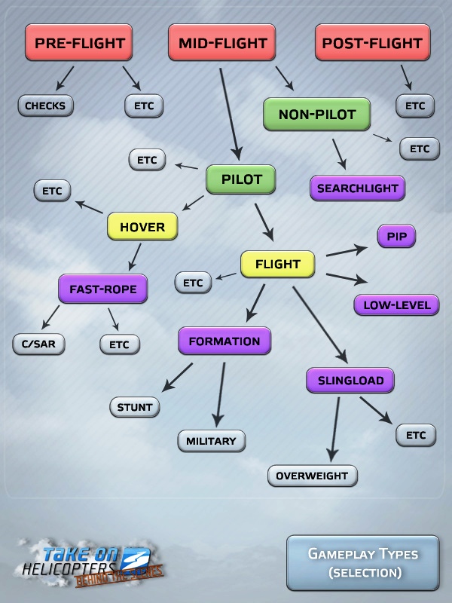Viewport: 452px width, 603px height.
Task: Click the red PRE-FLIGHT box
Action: [x=79, y=42]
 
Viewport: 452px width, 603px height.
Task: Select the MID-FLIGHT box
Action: [x=221, y=42]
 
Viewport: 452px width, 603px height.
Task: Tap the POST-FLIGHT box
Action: [x=372, y=42]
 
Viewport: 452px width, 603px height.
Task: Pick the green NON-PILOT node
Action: [x=316, y=115]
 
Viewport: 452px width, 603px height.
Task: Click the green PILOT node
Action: [x=241, y=179]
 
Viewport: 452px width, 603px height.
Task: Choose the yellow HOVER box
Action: [x=142, y=227]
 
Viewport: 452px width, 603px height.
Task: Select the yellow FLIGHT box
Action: [x=277, y=265]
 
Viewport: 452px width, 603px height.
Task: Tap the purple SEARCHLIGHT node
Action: [x=357, y=188]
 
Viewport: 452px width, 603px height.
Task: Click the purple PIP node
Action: [x=397, y=236]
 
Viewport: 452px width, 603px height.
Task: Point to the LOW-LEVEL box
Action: [x=397, y=305]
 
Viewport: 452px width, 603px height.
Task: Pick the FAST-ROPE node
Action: [x=103, y=289]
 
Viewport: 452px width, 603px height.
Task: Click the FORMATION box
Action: [x=224, y=341]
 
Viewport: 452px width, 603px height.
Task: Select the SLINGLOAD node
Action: [x=350, y=381]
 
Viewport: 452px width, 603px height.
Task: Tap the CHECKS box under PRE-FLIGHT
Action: [x=45, y=106]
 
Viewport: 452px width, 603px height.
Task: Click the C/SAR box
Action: [x=39, y=344]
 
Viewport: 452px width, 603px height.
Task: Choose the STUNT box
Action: [x=135, y=407]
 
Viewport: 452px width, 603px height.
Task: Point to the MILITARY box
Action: [x=212, y=441]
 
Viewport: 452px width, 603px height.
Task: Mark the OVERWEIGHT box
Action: [x=313, y=476]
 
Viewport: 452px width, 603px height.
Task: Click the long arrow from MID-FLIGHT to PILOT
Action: [x=230, y=115]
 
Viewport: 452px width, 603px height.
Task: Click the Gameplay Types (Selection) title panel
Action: [x=363, y=562]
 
